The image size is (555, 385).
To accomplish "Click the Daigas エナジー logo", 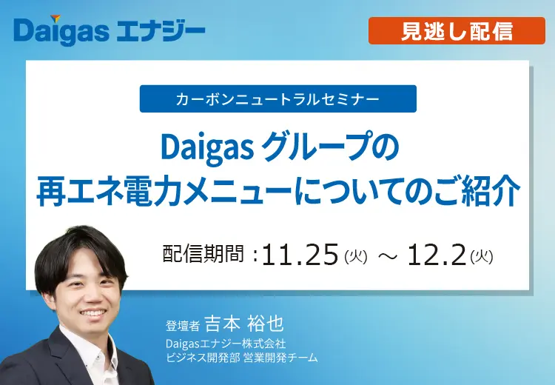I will coord(109,31).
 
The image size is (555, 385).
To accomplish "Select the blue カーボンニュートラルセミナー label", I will coord(277,98).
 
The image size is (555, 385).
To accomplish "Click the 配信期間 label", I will coord(203,254).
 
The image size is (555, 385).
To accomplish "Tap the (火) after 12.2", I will coord(482,257).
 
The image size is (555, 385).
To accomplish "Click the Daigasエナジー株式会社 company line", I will coord(226,344).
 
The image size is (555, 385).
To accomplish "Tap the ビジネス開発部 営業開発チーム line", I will coord(242,358).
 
